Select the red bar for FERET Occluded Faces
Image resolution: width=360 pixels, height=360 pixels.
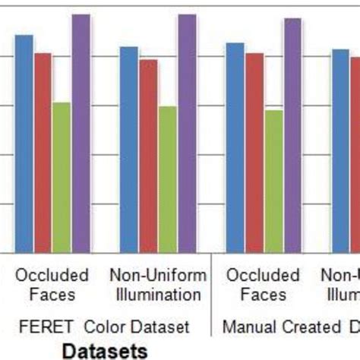[x=43, y=152]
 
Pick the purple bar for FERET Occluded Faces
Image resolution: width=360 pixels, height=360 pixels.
[x=81, y=133]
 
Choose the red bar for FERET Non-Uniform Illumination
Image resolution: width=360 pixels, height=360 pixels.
[x=148, y=155]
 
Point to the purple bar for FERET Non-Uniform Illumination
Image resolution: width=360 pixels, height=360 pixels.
[x=187, y=133]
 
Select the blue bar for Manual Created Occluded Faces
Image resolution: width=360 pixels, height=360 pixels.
[x=235, y=147]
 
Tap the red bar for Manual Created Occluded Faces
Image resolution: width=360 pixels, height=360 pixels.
[x=254, y=152]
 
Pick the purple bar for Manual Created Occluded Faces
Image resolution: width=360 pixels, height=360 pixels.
[x=292, y=135]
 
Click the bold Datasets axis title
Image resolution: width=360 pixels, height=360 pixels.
[x=104, y=351]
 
